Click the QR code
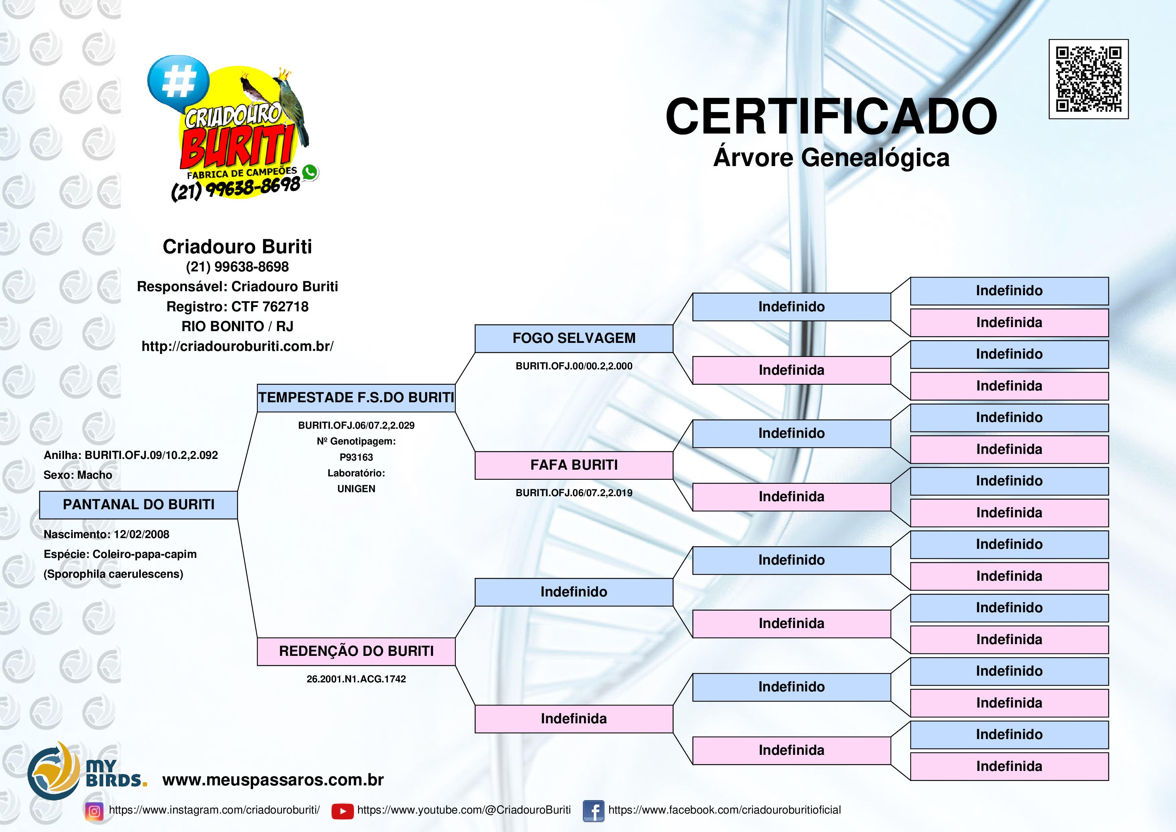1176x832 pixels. click(x=1089, y=79)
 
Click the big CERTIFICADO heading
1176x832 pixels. click(x=831, y=117)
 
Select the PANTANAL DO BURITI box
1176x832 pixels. click(x=138, y=505)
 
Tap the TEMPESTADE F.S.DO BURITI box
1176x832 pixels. click(x=356, y=398)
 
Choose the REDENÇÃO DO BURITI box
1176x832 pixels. click(x=356, y=652)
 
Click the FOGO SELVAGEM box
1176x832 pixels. click(x=574, y=339)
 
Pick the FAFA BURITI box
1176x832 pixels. click(x=574, y=465)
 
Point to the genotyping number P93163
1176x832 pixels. click(x=356, y=457)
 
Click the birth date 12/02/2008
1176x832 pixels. click(x=141, y=534)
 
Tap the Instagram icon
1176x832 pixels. click(x=94, y=811)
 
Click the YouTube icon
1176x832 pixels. click(x=342, y=811)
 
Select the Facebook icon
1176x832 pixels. click(x=593, y=811)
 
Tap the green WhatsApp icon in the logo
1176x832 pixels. click(x=309, y=172)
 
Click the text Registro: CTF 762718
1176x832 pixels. click(x=237, y=307)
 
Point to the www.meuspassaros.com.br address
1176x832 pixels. click(x=273, y=780)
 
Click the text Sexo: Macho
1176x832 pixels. click(x=78, y=475)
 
